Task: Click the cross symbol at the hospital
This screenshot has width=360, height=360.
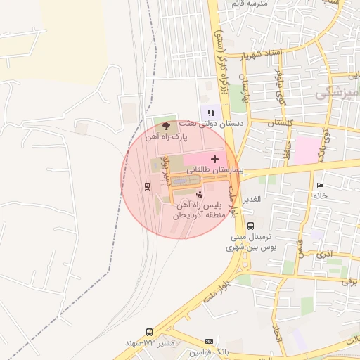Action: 214,160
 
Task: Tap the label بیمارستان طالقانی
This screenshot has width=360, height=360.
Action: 214,171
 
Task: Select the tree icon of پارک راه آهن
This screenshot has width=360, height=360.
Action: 166,127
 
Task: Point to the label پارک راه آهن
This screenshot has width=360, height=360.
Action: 167,138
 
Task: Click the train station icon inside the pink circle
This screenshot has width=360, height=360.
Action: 147,186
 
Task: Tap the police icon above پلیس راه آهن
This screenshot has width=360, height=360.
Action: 199,193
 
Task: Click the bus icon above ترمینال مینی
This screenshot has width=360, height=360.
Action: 250,226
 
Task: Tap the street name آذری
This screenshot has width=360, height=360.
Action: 325,251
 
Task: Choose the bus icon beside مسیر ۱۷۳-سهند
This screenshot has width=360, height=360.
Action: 149,332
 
